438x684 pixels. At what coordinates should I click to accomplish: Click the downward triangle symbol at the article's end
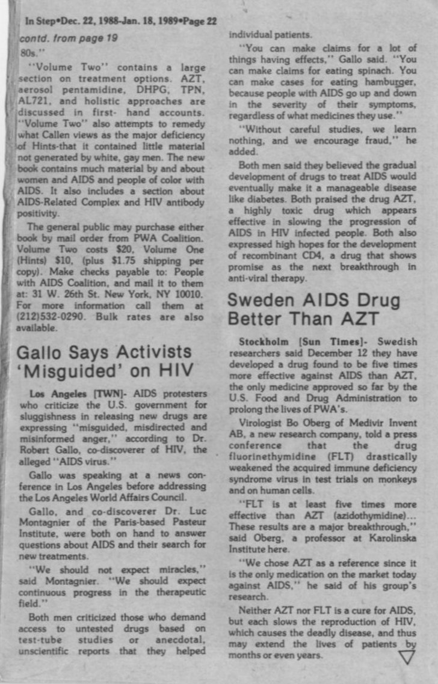point(407,658)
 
